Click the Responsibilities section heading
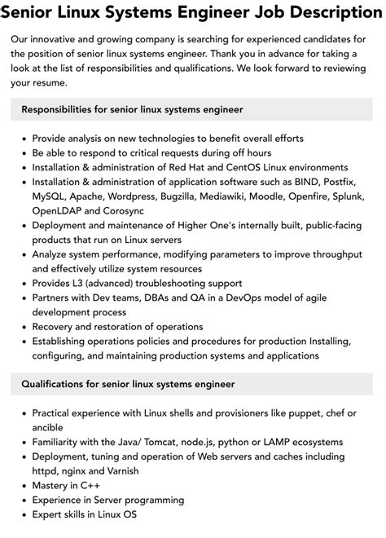[132, 108]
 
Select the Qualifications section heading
[128, 383]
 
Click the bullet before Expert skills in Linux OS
[23, 515]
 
